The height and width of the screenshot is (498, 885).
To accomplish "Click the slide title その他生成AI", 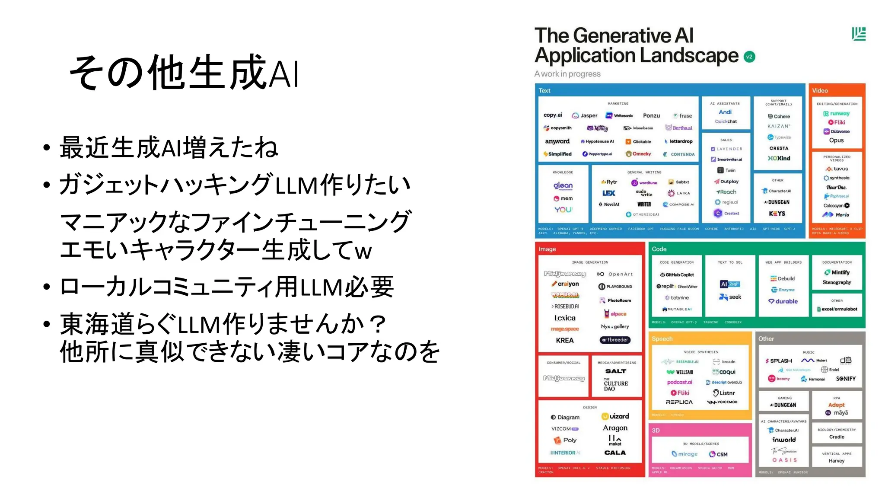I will click(184, 73).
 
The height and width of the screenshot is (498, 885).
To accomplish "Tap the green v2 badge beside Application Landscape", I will click(749, 57).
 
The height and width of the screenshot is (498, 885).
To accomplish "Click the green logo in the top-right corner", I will click(859, 34).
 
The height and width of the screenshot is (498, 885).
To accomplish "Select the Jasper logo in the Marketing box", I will click(585, 115).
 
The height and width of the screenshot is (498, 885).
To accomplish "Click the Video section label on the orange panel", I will click(820, 91).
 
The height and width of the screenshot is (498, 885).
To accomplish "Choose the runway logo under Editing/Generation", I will click(837, 114).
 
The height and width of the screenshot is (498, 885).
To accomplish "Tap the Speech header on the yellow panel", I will click(662, 339).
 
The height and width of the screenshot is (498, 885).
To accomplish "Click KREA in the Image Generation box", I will click(565, 340).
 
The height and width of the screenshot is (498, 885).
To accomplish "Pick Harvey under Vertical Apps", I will click(837, 461).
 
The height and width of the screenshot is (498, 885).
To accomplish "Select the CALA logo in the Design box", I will click(615, 453).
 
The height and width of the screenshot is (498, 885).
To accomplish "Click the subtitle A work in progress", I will click(567, 74).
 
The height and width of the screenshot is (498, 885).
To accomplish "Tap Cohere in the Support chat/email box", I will click(779, 116).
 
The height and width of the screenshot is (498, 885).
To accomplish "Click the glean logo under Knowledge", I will click(563, 185).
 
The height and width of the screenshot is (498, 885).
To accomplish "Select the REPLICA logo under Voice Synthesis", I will click(679, 402).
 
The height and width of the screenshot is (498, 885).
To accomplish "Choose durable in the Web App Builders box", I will click(783, 301).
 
